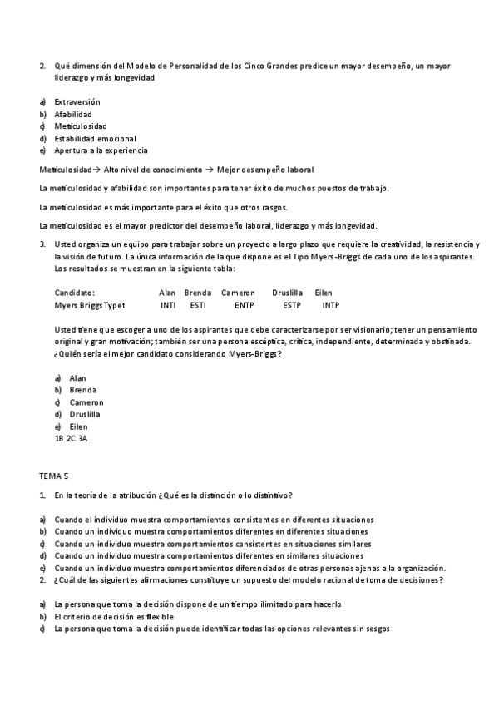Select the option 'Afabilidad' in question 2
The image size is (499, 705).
pos(73,114)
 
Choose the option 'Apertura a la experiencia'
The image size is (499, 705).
pos(101,150)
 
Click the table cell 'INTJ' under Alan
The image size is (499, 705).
pos(168,305)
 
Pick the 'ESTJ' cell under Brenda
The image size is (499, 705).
pos(198,305)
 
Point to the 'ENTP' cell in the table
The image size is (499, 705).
pos(244,305)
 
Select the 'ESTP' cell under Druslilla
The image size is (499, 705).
pos(292,305)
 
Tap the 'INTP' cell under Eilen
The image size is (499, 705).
pos(330,305)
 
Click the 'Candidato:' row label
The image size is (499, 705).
pos(75,293)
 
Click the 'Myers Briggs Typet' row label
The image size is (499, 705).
pos(90,305)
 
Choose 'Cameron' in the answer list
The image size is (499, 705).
pos(86,402)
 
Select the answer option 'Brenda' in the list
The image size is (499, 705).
pos(83,390)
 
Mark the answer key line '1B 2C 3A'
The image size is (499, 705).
pos(71,438)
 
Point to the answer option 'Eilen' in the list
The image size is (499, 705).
pos(78,426)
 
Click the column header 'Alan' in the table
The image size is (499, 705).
pos(167,293)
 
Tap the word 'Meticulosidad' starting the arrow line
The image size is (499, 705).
pos(65,169)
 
